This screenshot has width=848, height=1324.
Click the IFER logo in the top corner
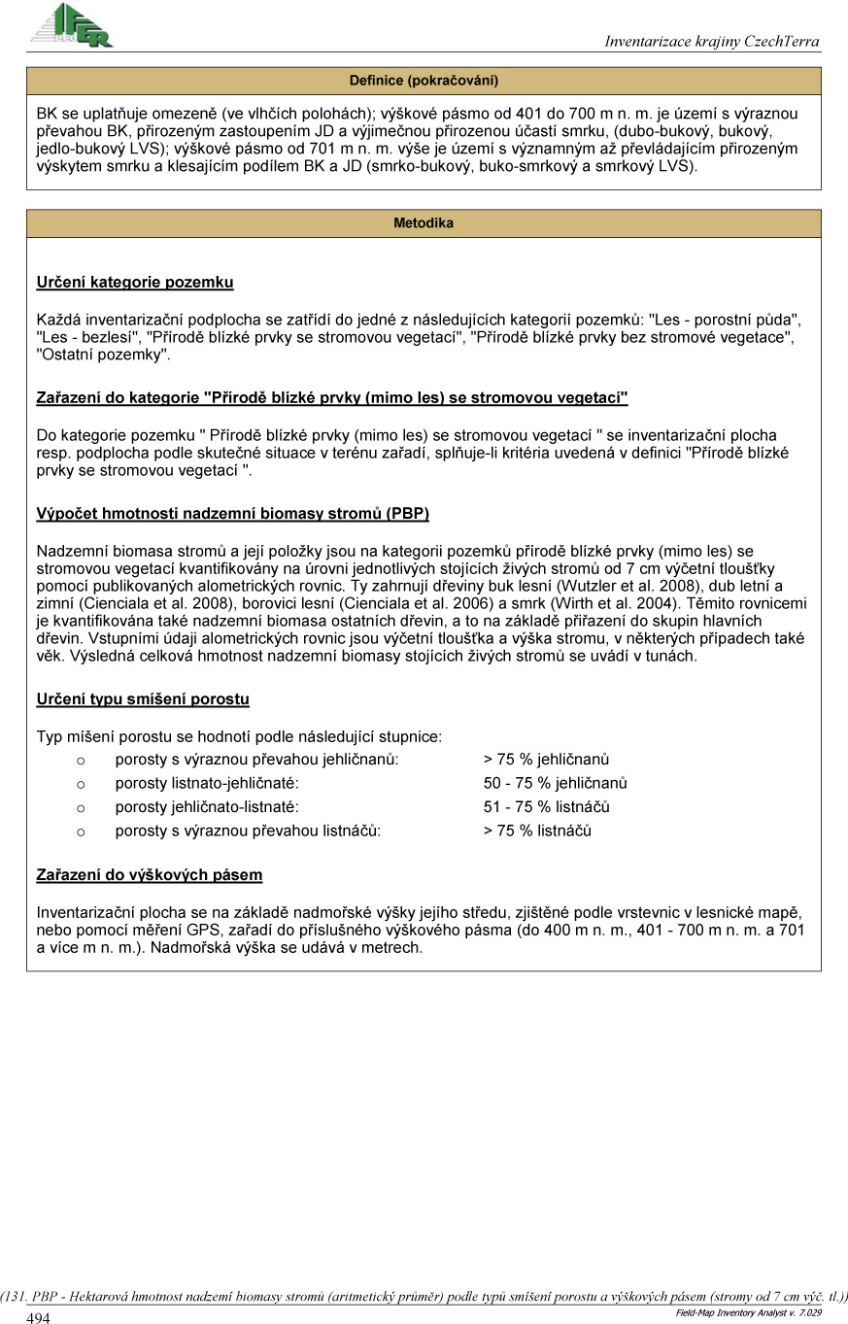[71, 24]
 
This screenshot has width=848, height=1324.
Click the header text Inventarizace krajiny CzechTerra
[711, 42]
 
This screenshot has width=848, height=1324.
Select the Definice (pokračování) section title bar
[424, 81]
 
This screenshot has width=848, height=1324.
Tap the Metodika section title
[424, 223]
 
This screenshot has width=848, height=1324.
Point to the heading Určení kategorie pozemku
[135, 283]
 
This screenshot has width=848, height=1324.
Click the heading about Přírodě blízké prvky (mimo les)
[332, 398]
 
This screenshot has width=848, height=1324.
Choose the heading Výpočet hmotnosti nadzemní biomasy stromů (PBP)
[232, 513]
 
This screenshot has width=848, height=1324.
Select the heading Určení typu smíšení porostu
[143, 699]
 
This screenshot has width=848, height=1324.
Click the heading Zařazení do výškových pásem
[150, 875]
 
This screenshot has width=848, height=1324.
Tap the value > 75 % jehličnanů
[546, 760]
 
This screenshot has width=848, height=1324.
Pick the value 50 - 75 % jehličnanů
[555, 783]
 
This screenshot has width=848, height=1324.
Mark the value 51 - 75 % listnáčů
[546, 807]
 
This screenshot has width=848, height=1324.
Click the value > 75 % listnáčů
[537, 831]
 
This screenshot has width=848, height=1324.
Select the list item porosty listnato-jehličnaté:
[207, 783]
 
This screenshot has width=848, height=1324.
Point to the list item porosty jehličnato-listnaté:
[207, 807]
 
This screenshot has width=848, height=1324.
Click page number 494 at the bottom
[39, 1318]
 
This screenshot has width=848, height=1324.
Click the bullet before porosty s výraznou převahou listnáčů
[81, 832]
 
